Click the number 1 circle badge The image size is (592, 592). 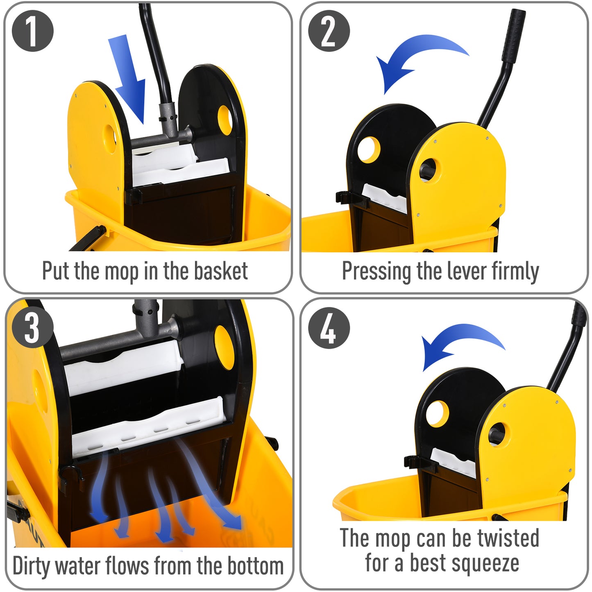(33, 31)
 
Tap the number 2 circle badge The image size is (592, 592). (329, 31)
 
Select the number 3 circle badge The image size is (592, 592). (33, 327)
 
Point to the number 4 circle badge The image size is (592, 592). (329, 328)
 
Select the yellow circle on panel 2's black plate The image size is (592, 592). (369, 150)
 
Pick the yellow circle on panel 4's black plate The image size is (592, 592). (437, 414)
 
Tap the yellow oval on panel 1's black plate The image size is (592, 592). (225, 120)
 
